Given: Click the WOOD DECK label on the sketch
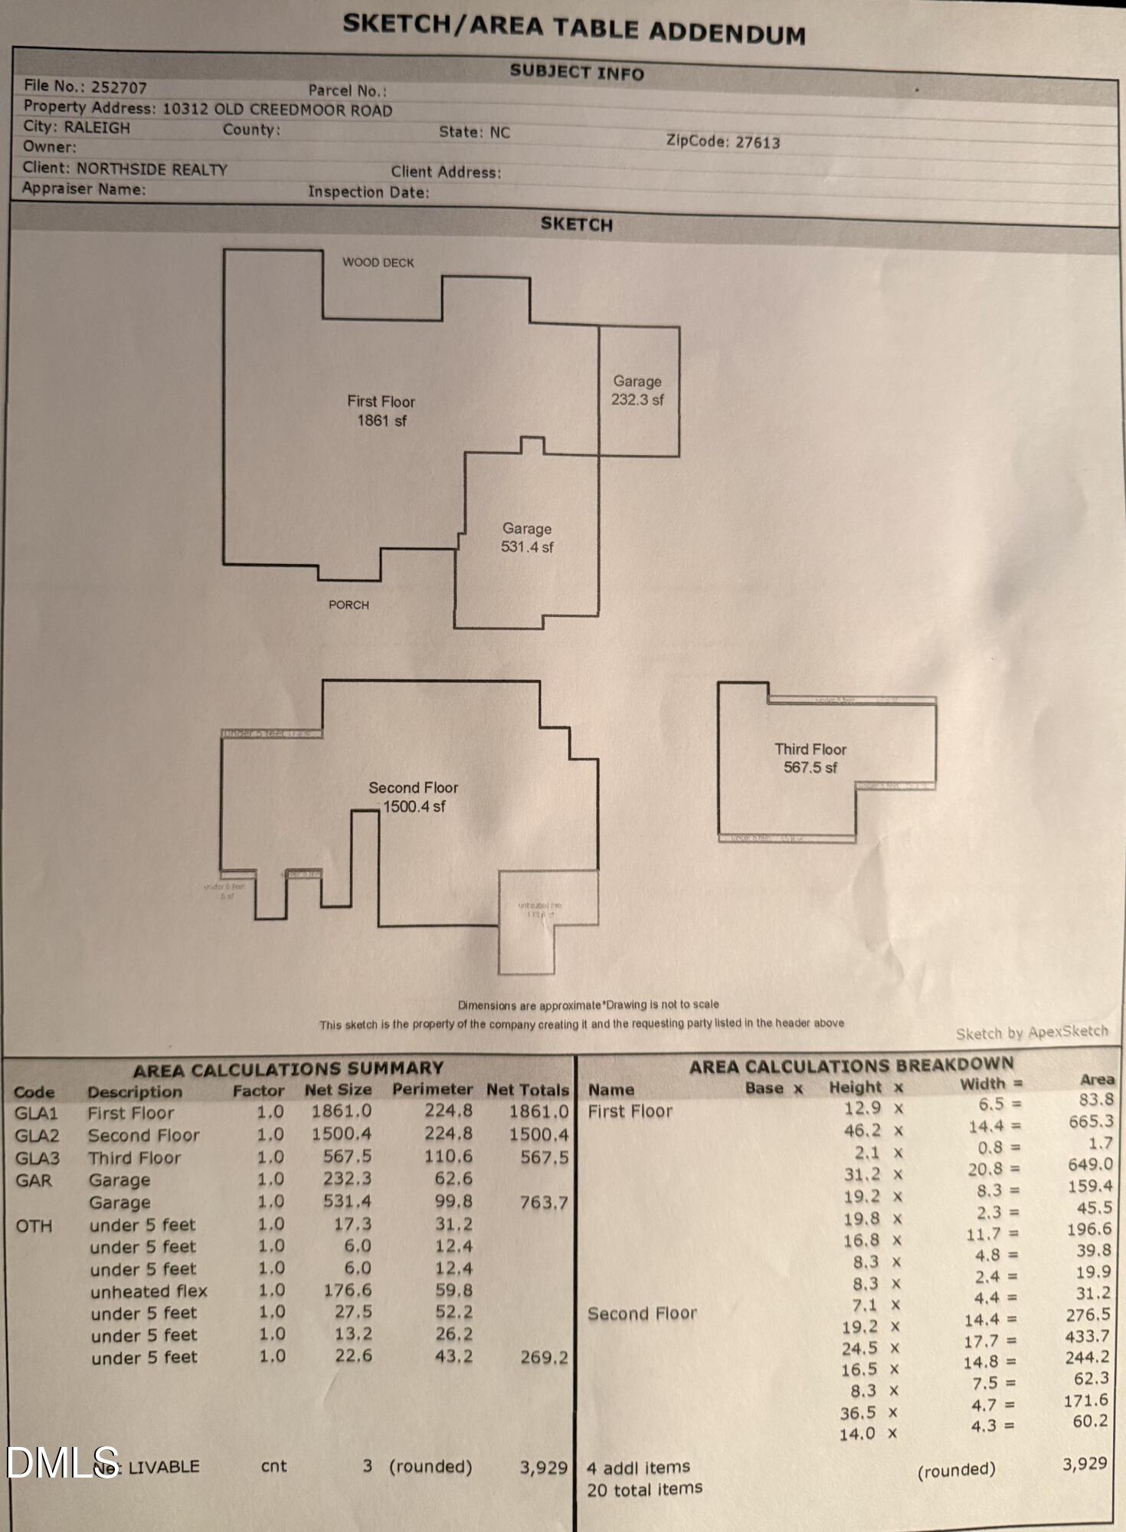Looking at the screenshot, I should pos(378,262).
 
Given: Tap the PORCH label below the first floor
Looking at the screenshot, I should pos(349,605).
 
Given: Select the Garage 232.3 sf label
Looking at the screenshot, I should pos(637,390).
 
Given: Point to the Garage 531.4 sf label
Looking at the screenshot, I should pos(527,538).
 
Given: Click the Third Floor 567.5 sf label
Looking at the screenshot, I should pos(810,758).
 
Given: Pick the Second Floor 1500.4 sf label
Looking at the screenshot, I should pos(414,797).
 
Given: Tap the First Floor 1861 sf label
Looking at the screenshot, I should pos(381,411).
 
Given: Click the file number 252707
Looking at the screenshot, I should pos(119,87).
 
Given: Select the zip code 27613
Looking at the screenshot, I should pos(757,143).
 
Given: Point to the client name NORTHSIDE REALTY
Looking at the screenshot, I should pos(152,169).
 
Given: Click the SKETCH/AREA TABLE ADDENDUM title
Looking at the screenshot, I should pos(574,28).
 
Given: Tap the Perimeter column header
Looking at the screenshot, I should pos(432,1089).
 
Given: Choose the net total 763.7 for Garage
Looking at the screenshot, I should pos(543,1202).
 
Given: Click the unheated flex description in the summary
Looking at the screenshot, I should pos(149,1291).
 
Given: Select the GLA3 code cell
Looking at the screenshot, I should pos(37,1157).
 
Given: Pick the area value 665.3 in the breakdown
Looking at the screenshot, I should pos(1091,1121).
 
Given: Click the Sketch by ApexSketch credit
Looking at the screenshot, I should pos(1031,1032).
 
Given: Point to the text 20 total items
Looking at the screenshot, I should pos(644,1489).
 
